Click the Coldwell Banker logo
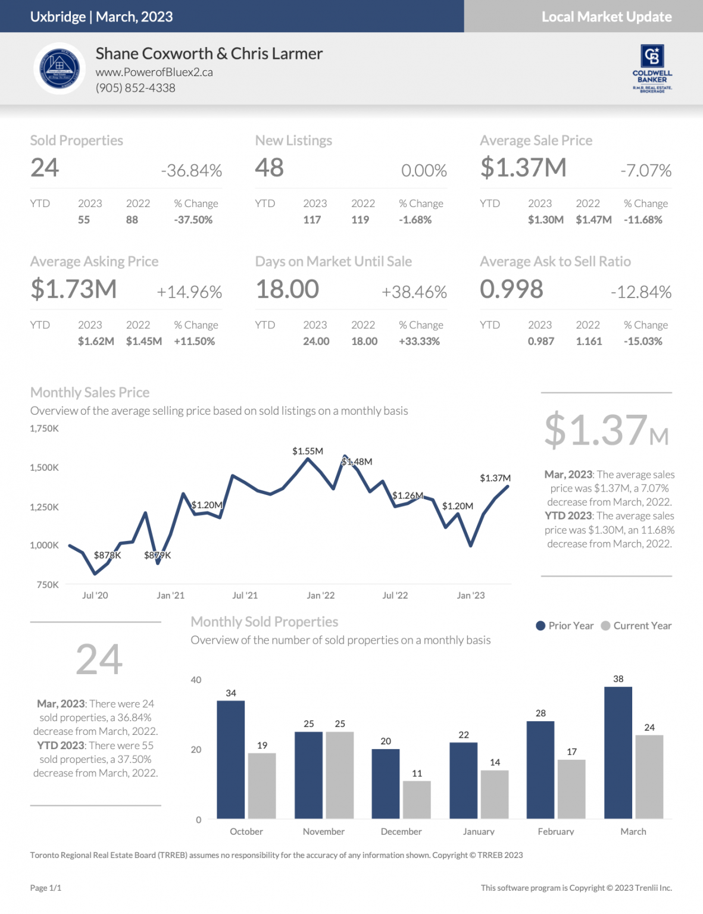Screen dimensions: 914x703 coord(652,68)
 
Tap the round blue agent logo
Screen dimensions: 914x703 coord(60,69)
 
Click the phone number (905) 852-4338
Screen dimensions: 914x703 coord(136,88)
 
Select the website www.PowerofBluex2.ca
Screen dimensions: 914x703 coord(154,72)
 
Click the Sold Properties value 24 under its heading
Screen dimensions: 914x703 coord(45,168)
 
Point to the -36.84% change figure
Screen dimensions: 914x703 coord(191,171)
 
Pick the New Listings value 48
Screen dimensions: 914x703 coord(270,168)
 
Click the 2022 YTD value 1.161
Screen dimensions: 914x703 coord(589,342)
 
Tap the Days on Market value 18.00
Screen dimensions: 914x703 coord(288,290)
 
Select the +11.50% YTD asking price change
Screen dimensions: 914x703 coord(194,342)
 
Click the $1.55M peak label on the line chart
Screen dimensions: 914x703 coord(308,451)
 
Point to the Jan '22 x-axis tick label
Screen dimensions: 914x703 coord(321,595)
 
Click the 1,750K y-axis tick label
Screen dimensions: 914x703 coord(45,428)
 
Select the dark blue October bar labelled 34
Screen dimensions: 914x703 coord(231,759)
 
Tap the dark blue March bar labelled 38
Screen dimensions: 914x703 coord(618,753)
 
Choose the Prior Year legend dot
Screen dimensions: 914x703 coord(540,626)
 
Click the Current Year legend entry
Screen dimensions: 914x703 coord(636,626)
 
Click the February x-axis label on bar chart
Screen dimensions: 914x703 coord(556,831)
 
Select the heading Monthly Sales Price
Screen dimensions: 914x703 coord(90,393)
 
